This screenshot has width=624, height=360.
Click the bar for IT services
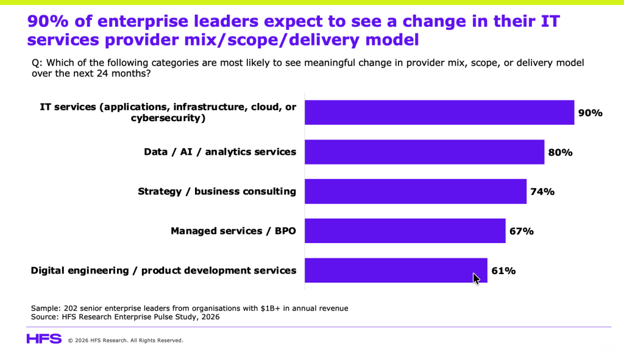[x=439, y=113]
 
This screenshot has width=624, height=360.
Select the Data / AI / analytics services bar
[x=425, y=152]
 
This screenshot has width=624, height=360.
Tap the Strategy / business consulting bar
[x=416, y=191]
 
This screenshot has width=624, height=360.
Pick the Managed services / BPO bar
[x=405, y=231]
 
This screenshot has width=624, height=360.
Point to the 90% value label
[x=590, y=113]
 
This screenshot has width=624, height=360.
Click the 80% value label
[x=561, y=152]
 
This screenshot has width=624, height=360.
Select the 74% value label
[x=542, y=192]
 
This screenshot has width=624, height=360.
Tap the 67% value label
[x=522, y=231]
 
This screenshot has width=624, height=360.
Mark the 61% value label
[x=503, y=271]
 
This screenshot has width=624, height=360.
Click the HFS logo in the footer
[x=44, y=339]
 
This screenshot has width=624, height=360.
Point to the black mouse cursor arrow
[x=476, y=279]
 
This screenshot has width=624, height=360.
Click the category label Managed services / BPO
[x=233, y=231]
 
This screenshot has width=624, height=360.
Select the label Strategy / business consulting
[x=217, y=192]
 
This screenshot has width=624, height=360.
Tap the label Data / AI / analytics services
[x=220, y=152]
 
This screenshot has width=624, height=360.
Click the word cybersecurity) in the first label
[x=168, y=118]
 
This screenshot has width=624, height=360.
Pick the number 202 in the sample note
[x=70, y=308]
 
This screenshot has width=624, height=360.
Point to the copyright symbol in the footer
[x=71, y=341]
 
